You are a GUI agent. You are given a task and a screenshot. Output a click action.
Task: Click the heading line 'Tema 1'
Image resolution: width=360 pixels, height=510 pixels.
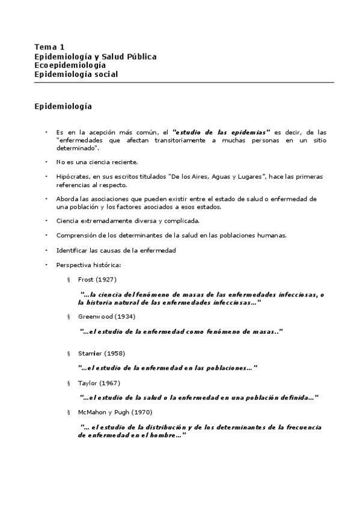[x=49, y=47]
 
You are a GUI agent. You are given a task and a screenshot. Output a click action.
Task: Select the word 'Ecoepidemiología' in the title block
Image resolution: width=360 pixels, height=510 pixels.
[x=70, y=65]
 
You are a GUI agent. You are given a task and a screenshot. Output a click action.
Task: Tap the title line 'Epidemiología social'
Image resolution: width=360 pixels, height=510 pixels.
[x=76, y=74]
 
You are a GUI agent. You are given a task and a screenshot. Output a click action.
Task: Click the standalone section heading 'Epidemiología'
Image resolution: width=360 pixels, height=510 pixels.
[x=63, y=106]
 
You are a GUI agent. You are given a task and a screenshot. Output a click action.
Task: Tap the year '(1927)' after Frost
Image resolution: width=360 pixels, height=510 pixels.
[x=106, y=279]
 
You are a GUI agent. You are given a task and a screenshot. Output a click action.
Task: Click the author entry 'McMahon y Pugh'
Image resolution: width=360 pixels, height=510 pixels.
[x=102, y=412]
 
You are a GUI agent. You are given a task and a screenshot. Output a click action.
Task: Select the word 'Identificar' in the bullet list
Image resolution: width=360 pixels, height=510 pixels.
[x=72, y=250]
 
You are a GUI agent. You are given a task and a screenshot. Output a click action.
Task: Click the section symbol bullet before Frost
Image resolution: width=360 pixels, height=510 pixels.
[x=69, y=280]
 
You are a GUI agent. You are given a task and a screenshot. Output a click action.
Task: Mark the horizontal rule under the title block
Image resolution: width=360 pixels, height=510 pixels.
[x=183, y=82]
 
